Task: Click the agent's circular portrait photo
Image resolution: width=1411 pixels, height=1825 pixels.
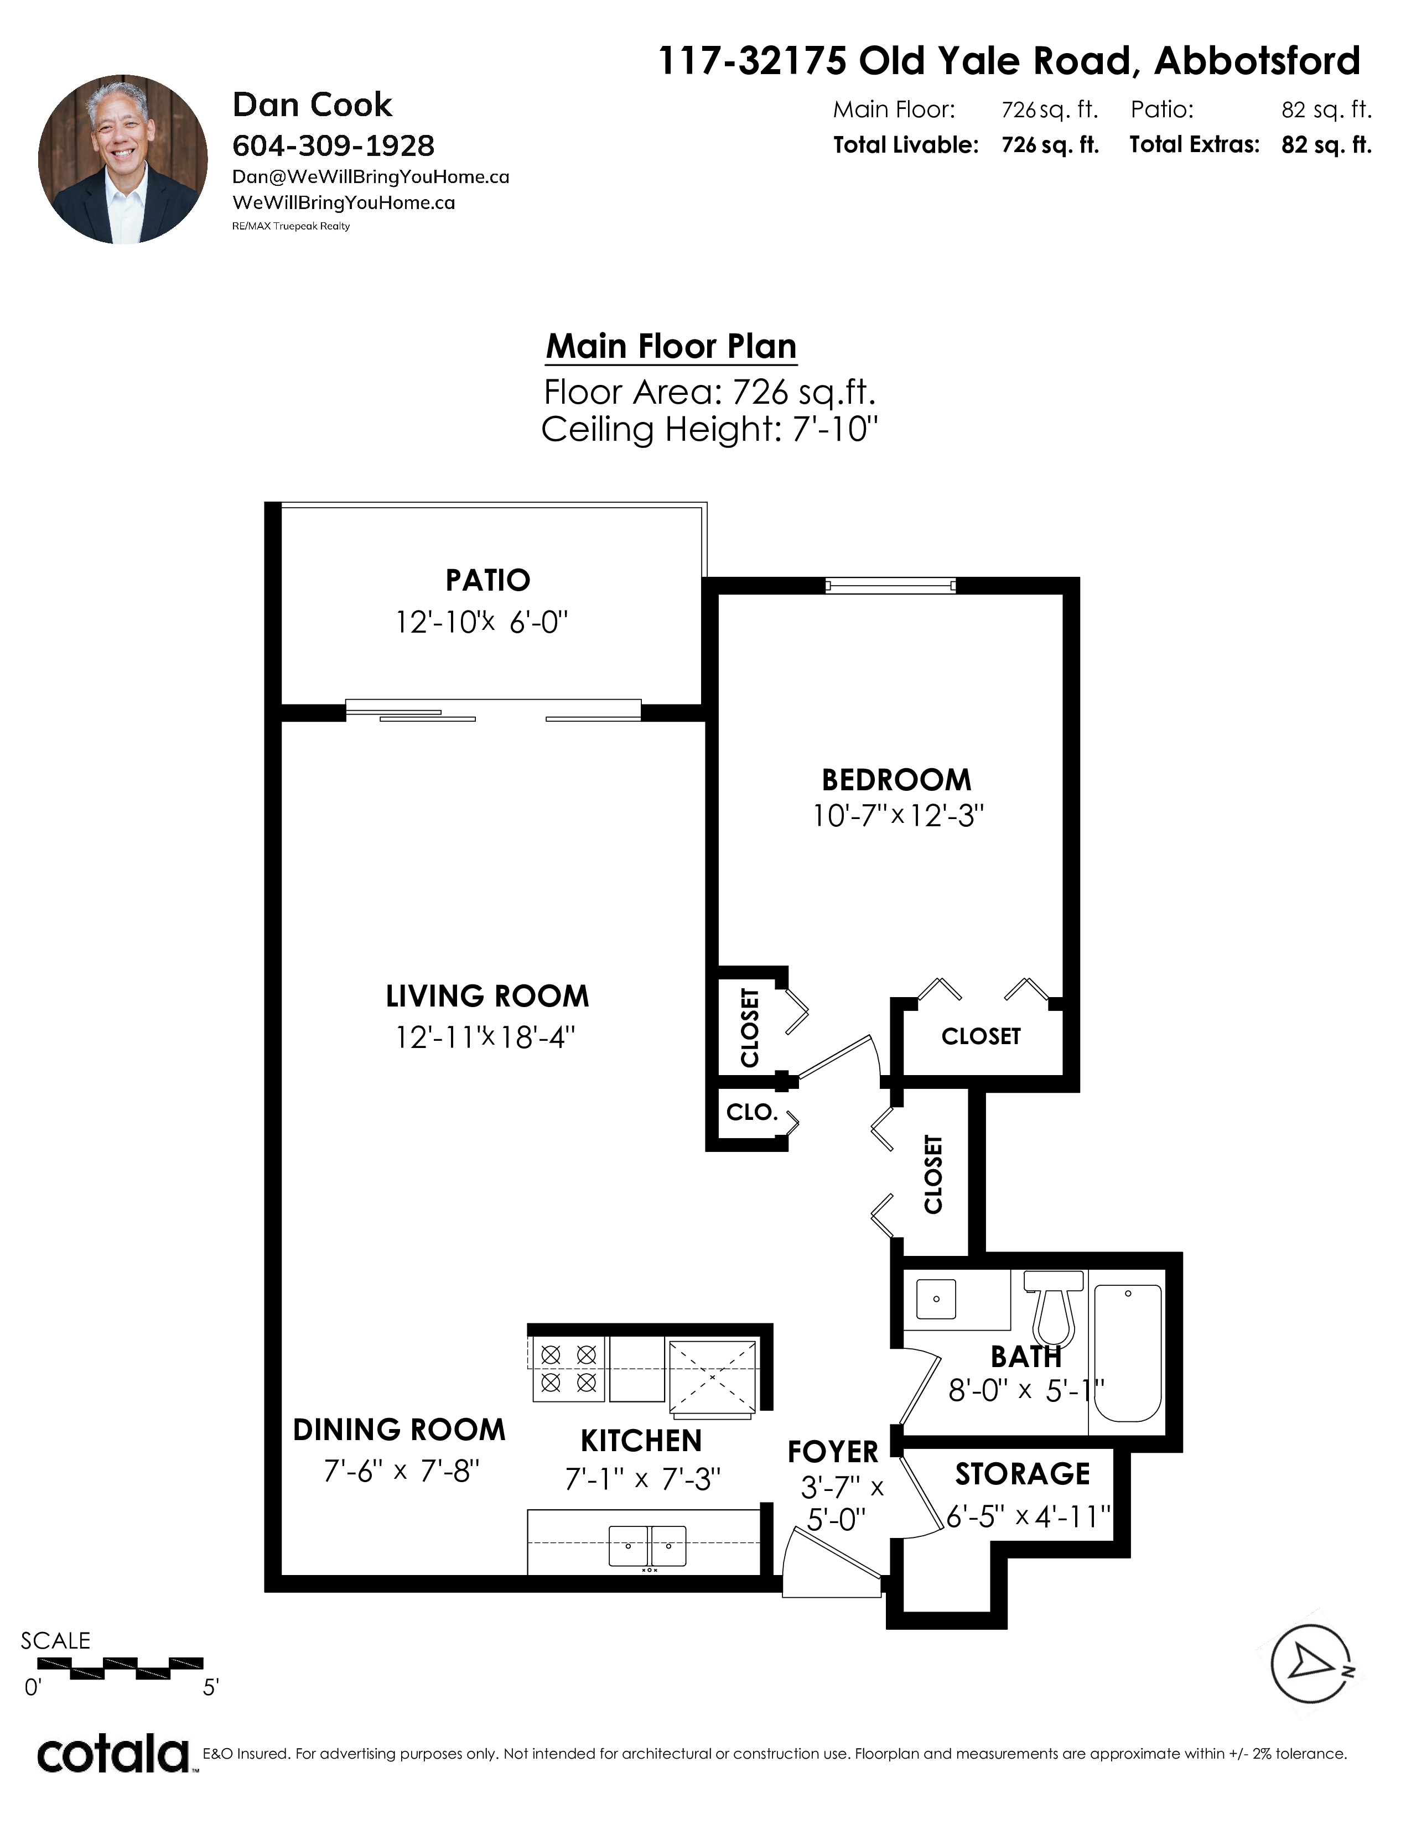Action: [123, 160]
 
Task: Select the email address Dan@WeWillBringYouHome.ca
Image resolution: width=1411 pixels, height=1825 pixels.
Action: [370, 177]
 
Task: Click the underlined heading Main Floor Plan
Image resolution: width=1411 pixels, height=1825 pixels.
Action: [671, 346]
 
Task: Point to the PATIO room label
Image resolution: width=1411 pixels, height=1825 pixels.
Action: [487, 580]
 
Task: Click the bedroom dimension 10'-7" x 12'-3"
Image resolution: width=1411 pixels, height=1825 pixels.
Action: [898, 816]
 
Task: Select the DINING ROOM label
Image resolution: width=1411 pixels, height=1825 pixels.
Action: [399, 1430]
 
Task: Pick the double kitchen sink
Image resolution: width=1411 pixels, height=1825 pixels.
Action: [648, 1545]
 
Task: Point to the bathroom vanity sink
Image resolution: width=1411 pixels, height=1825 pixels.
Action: [936, 1300]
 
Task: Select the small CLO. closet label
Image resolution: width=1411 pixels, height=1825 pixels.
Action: [751, 1112]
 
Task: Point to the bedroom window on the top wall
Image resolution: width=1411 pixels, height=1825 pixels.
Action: [890, 585]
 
